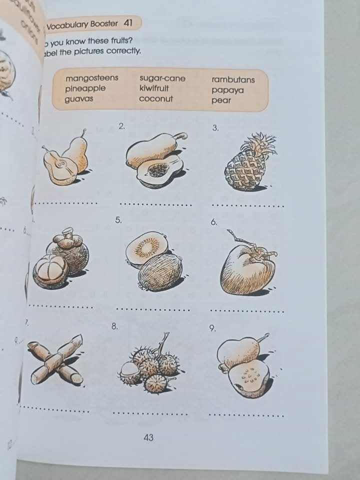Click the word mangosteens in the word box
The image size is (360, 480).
coord(91,78)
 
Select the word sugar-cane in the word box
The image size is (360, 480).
coord(162,78)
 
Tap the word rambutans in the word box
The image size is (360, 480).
coord(233,79)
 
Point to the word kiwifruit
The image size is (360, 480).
coord(154,88)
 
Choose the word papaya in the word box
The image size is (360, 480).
coord(227,90)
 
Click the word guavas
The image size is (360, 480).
coord(79,99)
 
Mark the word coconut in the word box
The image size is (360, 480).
coord(155,98)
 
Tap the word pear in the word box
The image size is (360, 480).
coord(221,100)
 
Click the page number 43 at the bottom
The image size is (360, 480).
coord(148,437)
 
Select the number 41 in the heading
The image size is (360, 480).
coord(127,23)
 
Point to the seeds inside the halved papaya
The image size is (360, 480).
coord(158,170)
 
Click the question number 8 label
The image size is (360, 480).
coord(114,326)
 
